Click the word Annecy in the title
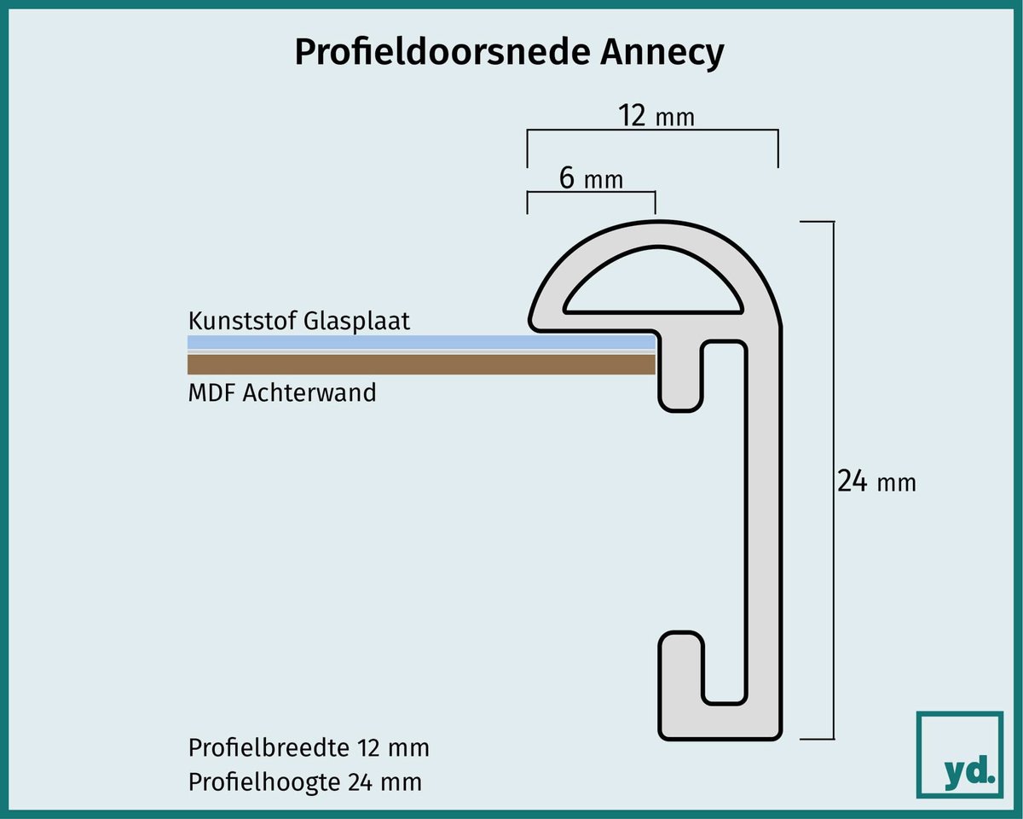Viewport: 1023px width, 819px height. [662, 52]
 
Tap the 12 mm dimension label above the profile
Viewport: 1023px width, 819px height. [656, 116]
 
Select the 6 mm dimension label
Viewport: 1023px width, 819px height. [591, 178]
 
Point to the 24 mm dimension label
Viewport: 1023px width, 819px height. [876, 481]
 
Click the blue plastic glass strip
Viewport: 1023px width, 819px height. [421, 342]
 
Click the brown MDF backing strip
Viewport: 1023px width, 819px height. [421, 364]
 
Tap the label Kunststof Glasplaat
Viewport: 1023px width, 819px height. [298, 322]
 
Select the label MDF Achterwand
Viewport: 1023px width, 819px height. [282, 393]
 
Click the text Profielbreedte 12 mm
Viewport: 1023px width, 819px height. [309, 747]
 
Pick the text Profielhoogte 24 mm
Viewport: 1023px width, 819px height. [304, 781]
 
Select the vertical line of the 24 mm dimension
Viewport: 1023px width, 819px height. [834, 480]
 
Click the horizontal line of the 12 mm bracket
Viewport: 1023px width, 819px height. [653, 130]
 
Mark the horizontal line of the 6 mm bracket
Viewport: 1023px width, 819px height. [592, 192]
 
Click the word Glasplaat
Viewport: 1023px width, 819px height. [356, 322]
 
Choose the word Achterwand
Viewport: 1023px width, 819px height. [309, 393]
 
